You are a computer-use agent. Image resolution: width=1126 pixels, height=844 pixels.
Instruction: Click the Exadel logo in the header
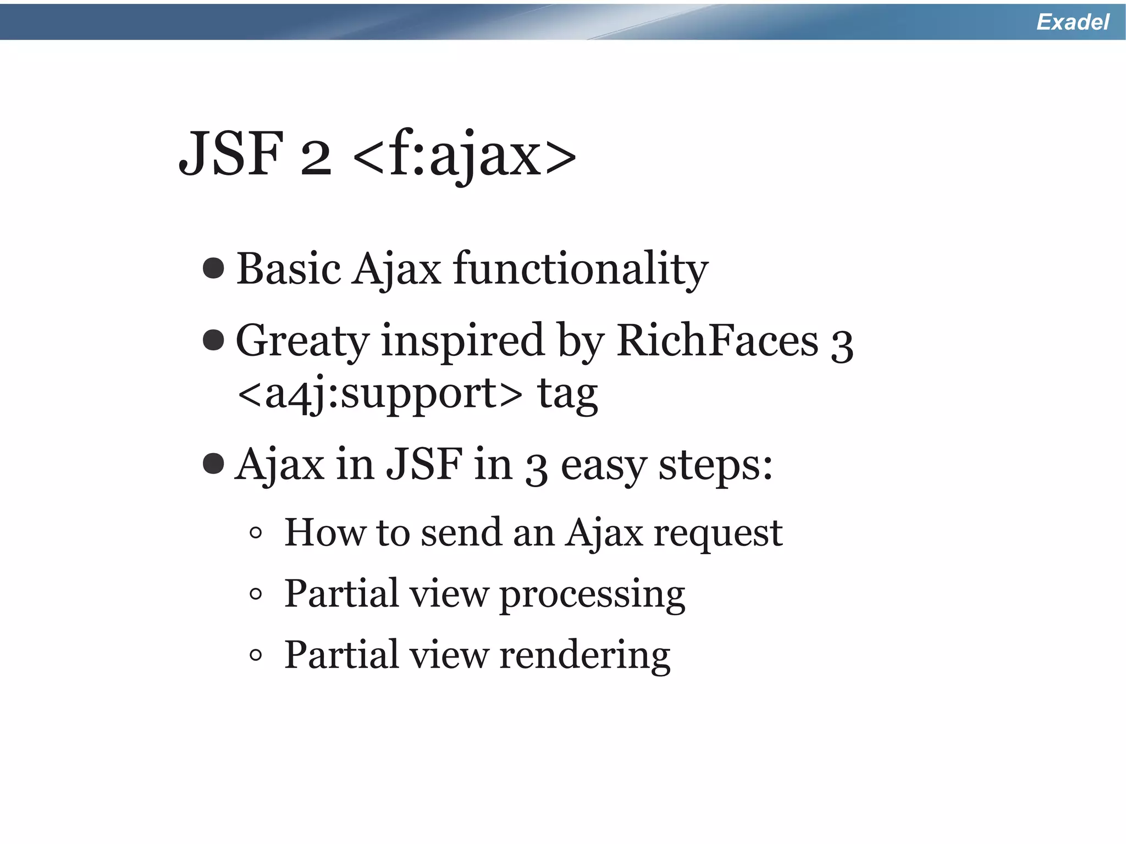click(x=1072, y=22)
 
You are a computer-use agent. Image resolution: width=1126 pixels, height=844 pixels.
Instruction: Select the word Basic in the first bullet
click(x=289, y=269)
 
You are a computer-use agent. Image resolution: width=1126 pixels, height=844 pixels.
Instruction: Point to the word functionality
click(x=581, y=269)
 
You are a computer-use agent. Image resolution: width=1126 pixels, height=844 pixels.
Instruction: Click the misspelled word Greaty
click(x=302, y=341)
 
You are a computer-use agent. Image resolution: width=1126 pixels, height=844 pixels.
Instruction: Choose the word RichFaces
click(x=717, y=341)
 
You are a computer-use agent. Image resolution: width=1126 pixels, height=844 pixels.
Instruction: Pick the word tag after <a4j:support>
click(x=567, y=395)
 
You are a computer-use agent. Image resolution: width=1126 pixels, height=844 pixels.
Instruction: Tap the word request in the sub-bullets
click(x=717, y=533)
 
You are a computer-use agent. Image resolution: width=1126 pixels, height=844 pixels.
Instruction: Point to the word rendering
click(x=584, y=655)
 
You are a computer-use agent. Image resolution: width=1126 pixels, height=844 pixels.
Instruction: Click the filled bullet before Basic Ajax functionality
click(x=213, y=268)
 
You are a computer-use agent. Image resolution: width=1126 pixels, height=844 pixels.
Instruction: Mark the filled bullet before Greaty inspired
click(x=213, y=340)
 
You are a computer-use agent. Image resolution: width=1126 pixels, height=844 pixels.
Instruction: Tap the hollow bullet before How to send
click(x=256, y=532)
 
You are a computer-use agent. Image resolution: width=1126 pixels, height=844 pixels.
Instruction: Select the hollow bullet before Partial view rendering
click(x=256, y=655)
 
